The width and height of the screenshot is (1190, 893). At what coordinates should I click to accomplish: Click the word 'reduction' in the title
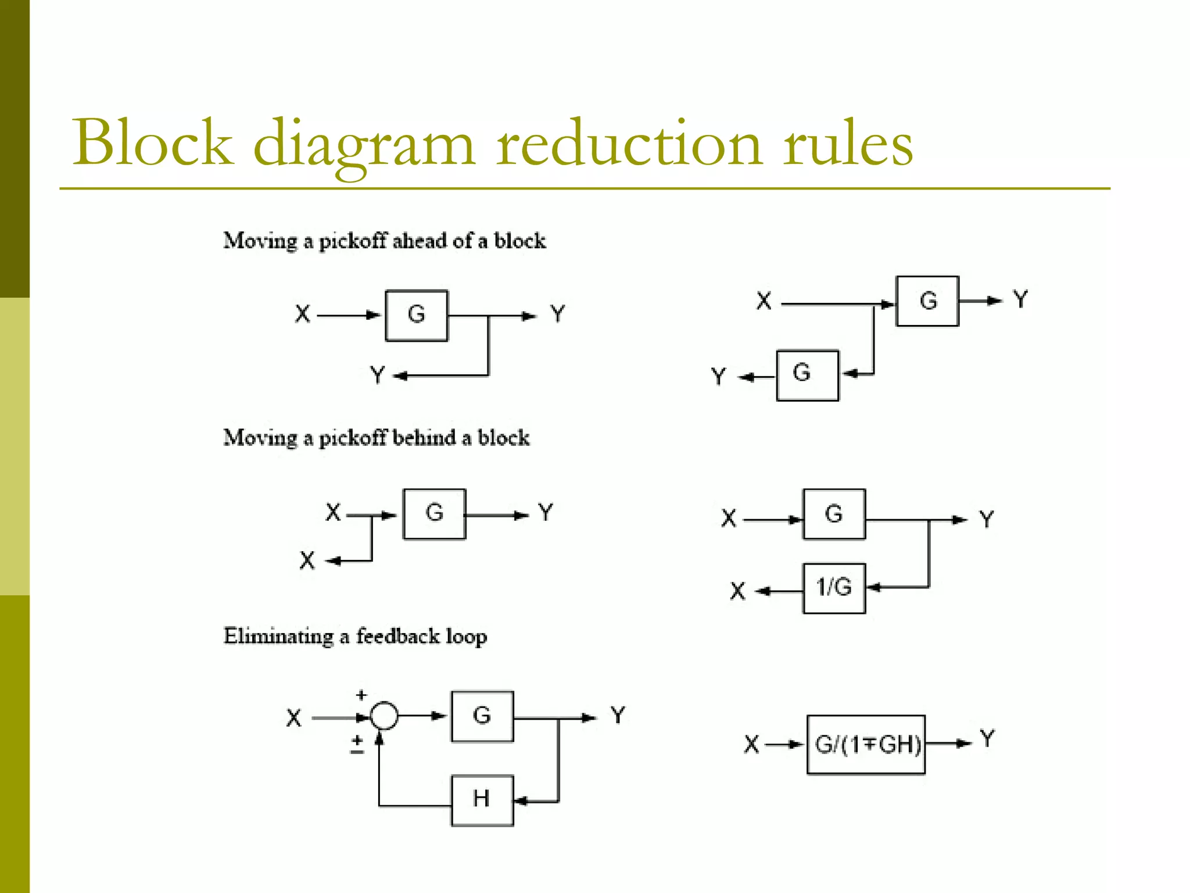[x=629, y=144]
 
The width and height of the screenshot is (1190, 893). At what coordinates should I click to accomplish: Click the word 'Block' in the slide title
[x=152, y=143]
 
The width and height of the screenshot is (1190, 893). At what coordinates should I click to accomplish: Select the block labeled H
[x=482, y=800]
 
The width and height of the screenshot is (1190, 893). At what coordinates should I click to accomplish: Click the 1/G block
[x=834, y=588]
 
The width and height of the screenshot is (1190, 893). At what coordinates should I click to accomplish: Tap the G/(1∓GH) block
[x=866, y=745]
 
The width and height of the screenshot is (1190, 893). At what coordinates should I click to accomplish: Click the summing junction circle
[x=384, y=716]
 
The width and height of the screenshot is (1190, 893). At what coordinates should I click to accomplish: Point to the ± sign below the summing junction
[x=357, y=744]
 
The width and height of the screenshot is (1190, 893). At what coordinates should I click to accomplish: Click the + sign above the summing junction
[x=361, y=695]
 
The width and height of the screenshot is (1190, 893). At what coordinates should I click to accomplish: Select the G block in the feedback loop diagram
[x=482, y=716]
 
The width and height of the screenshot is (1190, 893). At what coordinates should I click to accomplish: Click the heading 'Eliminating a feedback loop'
[x=355, y=636]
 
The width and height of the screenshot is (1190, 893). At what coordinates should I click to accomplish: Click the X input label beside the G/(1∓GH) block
[x=751, y=744]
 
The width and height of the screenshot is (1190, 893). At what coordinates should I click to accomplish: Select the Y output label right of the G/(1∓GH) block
[x=987, y=739]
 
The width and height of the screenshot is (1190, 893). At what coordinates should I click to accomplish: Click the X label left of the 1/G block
[x=737, y=591]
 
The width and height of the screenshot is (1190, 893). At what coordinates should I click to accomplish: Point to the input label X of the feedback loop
[x=294, y=718]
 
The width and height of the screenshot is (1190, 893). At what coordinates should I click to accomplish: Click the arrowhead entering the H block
[x=521, y=802]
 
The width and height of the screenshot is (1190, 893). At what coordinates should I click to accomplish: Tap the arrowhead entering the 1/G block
[x=873, y=588]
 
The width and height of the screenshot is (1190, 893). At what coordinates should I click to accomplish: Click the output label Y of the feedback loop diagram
[x=618, y=715]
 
